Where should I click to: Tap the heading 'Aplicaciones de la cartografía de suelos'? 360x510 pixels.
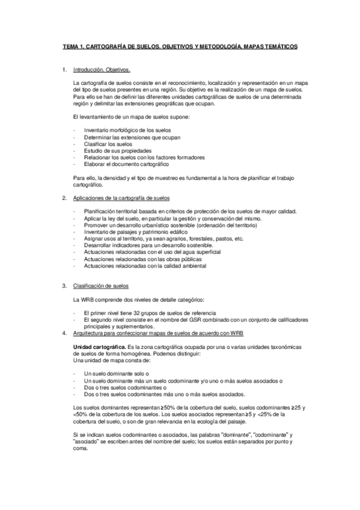(121, 198)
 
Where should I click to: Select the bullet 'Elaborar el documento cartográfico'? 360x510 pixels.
(127, 164)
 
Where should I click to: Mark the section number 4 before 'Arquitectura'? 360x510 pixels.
(64, 333)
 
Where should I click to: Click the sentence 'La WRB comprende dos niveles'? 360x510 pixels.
(138, 299)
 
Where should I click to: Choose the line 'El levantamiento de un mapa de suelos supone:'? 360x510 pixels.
(130, 117)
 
